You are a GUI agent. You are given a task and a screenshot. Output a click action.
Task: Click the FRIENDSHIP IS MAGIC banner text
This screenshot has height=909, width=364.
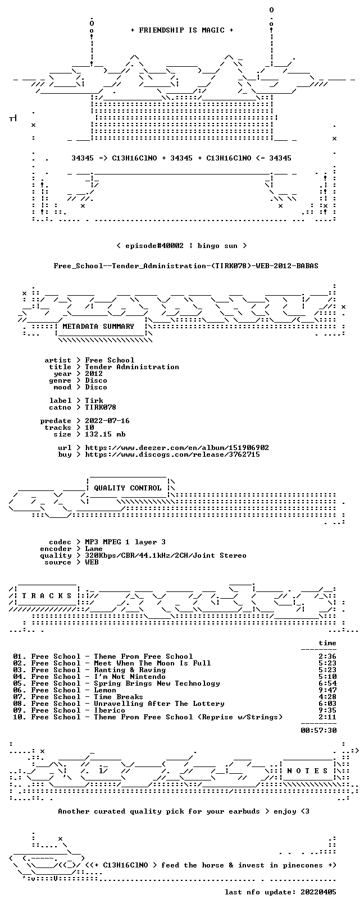[x=182, y=30]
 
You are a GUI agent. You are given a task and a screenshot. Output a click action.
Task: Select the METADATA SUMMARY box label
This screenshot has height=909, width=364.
[x=98, y=326]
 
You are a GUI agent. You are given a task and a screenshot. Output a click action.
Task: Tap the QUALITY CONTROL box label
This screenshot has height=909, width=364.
[x=128, y=488]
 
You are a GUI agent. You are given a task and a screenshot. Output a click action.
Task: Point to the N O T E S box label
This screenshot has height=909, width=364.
[x=307, y=770]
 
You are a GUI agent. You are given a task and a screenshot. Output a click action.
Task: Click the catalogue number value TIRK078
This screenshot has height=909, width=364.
[x=101, y=407]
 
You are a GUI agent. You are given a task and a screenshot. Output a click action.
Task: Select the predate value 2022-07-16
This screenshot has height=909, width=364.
[x=107, y=421]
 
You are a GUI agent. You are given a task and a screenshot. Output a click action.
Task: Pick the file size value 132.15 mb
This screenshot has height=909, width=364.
[x=105, y=434]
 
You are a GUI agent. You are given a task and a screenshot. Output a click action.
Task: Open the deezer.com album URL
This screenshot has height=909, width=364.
[x=177, y=448]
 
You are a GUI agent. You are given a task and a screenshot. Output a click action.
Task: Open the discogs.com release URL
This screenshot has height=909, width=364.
[x=172, y=454]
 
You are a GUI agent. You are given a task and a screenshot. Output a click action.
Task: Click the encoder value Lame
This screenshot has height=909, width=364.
[x=94, y=549]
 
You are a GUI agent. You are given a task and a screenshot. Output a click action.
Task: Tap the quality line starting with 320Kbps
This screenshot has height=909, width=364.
[x=165, y=555]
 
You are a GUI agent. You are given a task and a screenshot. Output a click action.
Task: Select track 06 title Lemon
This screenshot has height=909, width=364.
[x=105, y=690]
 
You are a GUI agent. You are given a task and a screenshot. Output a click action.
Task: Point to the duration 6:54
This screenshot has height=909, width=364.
[x=327, y=683]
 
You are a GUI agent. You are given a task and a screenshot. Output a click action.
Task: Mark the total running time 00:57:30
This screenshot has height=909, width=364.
[x=319, y=731]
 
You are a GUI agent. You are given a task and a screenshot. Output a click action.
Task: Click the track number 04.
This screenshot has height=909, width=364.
[x=18, y=677]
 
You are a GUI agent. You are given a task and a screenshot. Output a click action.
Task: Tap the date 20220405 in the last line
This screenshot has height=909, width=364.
[x=319, y=892]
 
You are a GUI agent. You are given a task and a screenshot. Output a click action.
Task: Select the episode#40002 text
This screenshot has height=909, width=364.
[x=154, y=246]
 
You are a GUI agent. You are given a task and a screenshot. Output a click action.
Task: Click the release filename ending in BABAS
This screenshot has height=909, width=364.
[x=186, y=266]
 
